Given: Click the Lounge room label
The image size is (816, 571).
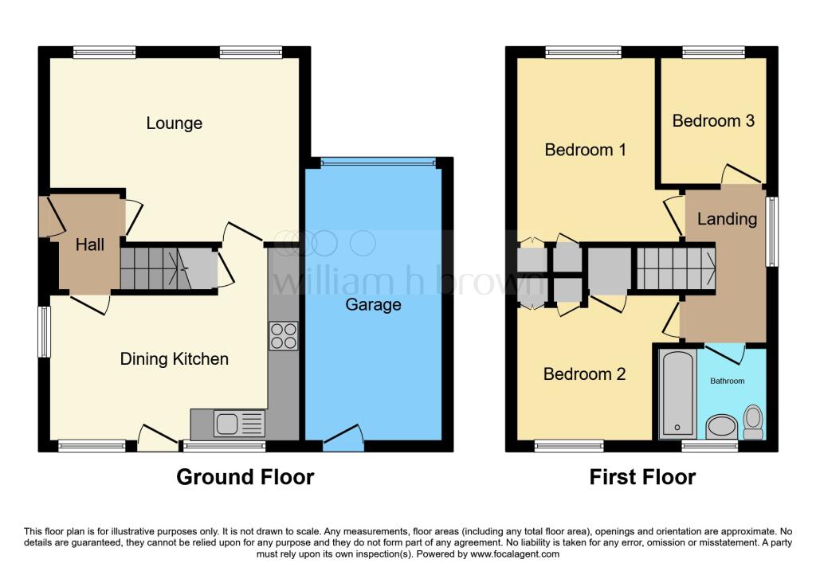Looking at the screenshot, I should point(174,123).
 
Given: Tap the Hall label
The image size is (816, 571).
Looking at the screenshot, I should point(89,245).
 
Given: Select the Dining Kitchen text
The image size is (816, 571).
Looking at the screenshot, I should point(174,359).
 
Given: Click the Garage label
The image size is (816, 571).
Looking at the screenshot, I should point(373,304).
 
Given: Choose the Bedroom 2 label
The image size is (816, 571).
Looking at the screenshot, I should point(584,374).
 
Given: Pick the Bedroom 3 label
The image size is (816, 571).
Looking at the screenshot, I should point(713,121).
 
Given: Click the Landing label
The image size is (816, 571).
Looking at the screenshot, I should point(726,219).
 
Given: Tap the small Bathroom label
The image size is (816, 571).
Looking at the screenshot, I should point(727,381).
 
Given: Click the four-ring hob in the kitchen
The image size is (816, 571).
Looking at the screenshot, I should point(284,336).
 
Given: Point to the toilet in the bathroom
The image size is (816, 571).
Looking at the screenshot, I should point(752,421).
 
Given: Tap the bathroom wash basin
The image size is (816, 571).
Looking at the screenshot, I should point(723,425).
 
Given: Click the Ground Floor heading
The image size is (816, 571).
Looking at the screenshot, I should point(245,477).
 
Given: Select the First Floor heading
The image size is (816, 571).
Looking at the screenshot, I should point(642,477).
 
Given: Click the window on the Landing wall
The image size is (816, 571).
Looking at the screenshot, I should point(771,231).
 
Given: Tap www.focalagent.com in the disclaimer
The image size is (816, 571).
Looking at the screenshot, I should point(516,553).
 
